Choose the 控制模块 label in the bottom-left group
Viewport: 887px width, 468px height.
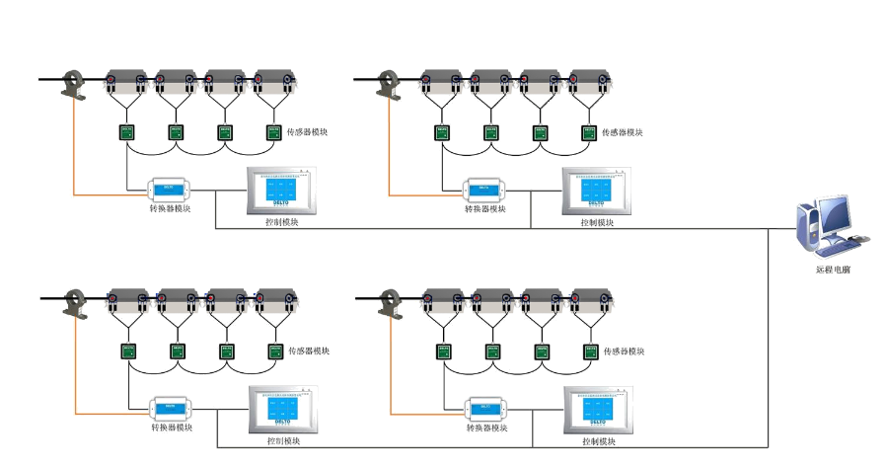coord(282,440)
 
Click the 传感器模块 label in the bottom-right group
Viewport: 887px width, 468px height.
coord(624,351)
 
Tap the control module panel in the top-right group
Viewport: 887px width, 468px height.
coord(595,191)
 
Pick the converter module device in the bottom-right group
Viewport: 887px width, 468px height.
coord(487,408)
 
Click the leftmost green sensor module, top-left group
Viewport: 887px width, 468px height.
coord(127,131)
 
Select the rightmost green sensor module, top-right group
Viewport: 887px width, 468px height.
coord(588,131)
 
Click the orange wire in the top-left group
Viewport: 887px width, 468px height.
coord(72,148)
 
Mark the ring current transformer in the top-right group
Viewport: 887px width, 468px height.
coord(389,82)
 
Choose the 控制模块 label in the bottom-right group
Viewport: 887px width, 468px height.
coord(598,440)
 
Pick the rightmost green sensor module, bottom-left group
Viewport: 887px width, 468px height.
coord(273,351)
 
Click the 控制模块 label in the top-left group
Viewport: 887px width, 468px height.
coord(281,222)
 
